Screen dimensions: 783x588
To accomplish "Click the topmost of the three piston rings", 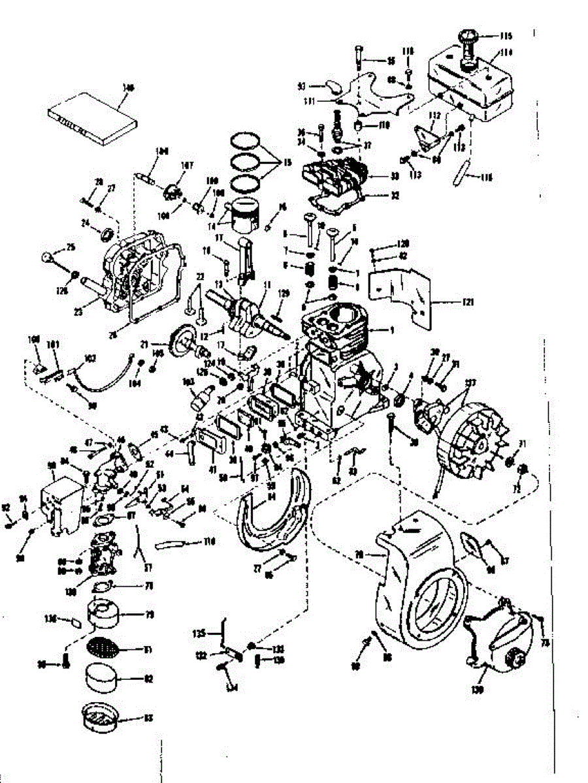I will [246, 140].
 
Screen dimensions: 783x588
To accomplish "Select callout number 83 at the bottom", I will [148, 718].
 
